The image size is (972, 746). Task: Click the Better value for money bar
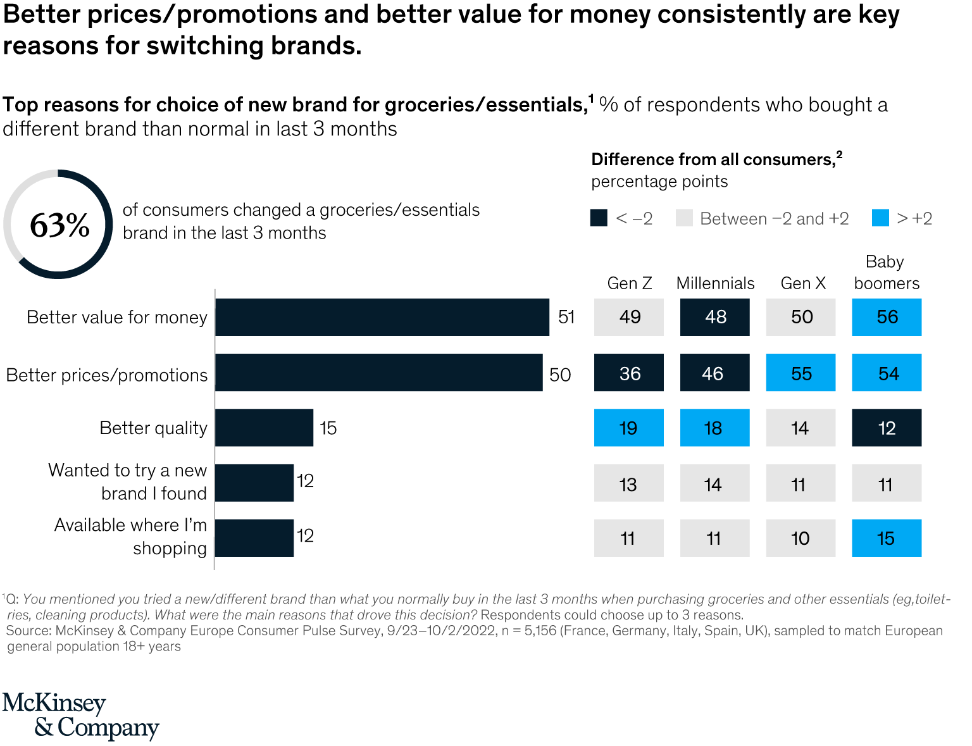tap(382, 317)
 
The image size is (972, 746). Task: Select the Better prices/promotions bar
tap(378, 373)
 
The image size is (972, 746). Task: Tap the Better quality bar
tap(264, 428)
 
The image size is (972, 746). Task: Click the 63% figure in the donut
tap(59, 225)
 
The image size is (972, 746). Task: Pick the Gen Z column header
tap(629, 283)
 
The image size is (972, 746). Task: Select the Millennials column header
tap(715, 283)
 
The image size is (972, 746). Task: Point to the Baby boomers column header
tap(886, 273)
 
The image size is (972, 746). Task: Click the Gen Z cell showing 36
tap(629, 373)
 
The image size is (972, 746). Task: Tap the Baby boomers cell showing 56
tap(887, 317)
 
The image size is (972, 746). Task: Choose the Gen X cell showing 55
tap(801, 373)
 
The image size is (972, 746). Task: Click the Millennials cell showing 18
tap(715, 428)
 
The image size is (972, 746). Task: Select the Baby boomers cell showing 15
tap(887, 538)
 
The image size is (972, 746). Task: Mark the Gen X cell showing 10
tap(801, 538)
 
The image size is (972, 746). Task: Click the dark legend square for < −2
tap(599, 218)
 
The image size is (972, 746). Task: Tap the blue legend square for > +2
tap(880, 218)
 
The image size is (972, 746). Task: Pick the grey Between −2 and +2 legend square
tap(684, 218)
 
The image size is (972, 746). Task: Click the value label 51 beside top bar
tap(566, 317)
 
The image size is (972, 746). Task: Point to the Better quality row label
tap(153, 428)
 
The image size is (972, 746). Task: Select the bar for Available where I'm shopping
tap(254, 538)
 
